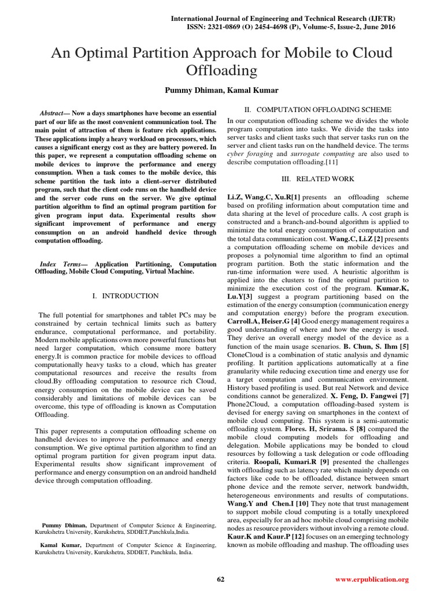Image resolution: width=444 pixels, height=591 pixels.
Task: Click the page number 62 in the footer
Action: [x=220, y=579]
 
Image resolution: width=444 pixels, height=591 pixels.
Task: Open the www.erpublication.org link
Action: [x=372, y=579]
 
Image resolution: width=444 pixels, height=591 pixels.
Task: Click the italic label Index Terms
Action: [x=64, y=264]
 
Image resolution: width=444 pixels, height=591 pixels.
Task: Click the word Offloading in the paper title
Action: [x=221, y=71]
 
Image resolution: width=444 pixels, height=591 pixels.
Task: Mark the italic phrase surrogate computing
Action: [x=321, y=155]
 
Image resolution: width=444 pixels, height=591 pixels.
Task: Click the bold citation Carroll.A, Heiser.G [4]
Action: [x=263, y=321]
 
